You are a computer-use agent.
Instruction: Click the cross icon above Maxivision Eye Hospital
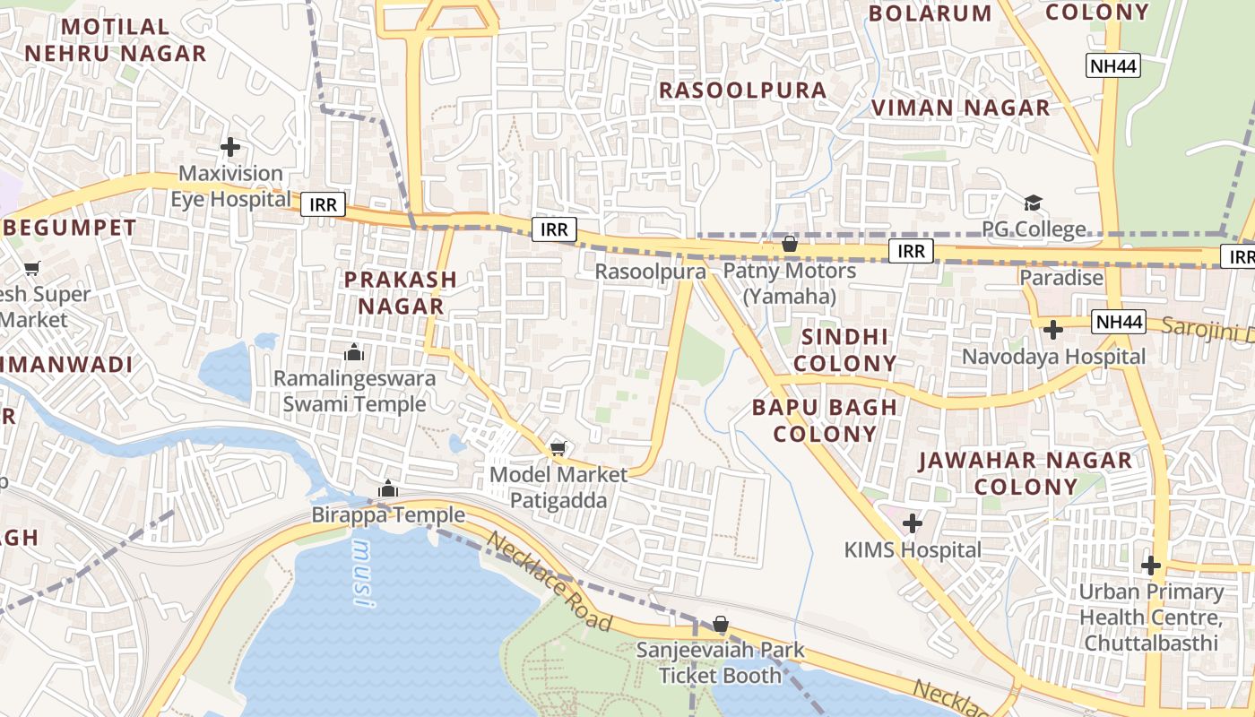click(x=230, y=146)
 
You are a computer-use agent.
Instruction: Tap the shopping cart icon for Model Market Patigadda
click(x=558, y=448)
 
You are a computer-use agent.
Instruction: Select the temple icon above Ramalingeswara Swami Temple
click(x=354, y=352)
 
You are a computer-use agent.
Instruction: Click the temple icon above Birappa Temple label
click(x=387, y=488)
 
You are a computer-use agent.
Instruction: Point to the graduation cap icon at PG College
click(x=1034, y=203)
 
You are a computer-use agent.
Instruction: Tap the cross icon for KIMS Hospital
click(x=913, y=523)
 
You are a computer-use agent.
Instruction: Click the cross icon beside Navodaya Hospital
click(x=1053, y=330)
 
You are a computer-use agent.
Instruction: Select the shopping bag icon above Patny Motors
click(x=790, y=244)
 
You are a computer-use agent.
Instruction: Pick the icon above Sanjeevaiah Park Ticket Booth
click(x=721, y=624)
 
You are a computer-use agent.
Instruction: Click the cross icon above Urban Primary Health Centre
click(x=1151, y=566)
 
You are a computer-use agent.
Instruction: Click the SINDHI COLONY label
click(x=844, y=350)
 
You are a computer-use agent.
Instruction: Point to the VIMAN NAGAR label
click(x=960, y=108)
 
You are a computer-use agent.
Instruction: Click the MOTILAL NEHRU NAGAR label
click(x=115, y=40)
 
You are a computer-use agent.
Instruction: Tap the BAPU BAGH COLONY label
click(x=825, y=420)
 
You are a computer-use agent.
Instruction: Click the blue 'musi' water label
click(x=361, y=574)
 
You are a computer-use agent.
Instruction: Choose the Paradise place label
click(x=1061, y=278)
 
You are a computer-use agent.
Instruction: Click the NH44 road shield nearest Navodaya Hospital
click(x=1119, y=322)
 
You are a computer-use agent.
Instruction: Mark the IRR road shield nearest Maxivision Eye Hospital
click(x=323, y=204)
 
